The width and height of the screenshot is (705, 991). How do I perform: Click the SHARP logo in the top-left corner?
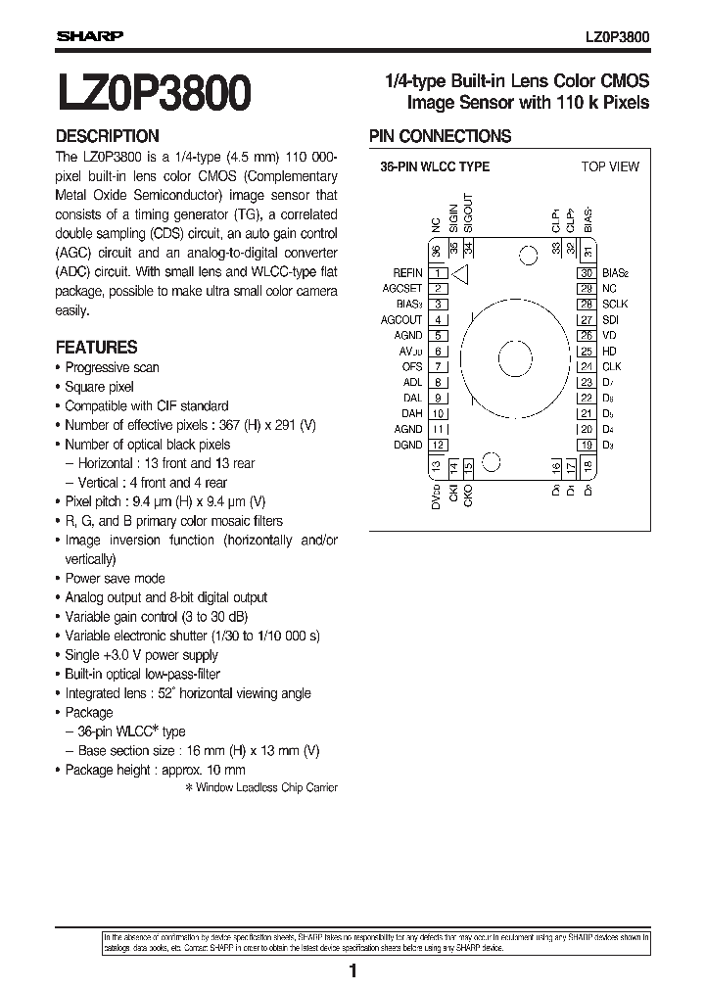[89, 36]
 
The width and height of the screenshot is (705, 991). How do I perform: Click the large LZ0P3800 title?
[155, 95]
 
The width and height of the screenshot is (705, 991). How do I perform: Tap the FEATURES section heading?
[96, 347]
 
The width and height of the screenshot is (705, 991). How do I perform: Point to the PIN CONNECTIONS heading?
[440, 136]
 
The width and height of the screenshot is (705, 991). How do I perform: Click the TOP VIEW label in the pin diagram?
[609, 166]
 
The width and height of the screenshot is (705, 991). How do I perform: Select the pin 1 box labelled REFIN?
[439, 273]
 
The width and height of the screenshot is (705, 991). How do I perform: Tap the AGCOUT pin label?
[401, 320]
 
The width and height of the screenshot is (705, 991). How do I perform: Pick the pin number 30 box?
[587, 273]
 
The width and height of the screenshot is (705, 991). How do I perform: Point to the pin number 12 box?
[439, 445]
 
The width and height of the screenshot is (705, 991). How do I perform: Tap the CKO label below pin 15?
[468, 497]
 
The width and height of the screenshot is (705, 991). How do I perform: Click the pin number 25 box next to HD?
[587, 351]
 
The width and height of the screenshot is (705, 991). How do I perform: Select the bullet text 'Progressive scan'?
[112, 367]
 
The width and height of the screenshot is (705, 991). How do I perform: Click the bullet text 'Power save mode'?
[115, 578]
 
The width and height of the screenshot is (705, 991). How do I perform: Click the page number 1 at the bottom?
[352, 971]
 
